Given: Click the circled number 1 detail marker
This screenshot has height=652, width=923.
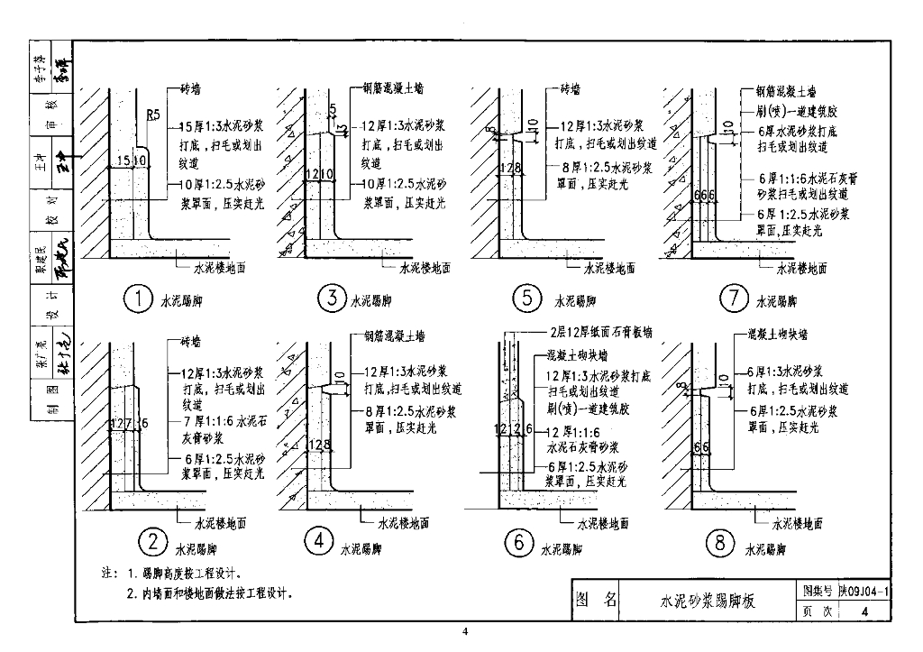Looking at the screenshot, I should (138, 299).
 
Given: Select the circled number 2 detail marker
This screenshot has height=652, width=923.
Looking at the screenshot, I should (153, 543).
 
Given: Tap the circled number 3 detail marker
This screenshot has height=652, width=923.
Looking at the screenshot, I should (333, 298).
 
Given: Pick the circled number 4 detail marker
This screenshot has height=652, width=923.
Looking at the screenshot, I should (319, 541).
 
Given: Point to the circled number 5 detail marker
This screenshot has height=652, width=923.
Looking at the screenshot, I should (527, 298).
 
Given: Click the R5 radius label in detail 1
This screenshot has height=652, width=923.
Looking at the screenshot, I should (154, 115).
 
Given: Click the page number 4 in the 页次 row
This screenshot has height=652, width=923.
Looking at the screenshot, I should (865, 612).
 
